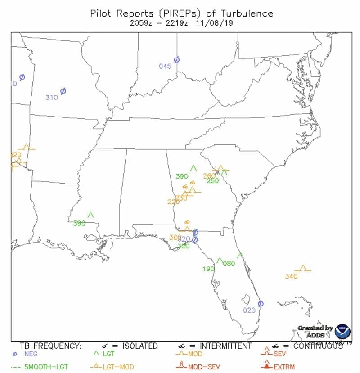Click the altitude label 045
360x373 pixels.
(165, 67)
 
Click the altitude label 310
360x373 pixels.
(52, 98)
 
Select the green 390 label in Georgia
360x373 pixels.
(182, 176)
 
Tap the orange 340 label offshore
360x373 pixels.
(291, 276)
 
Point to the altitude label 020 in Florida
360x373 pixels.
(249, 310)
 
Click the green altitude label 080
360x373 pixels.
(229, 264)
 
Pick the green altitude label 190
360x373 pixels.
(208, 269)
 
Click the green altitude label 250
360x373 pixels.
(212, 181)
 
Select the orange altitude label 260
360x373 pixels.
(209, 175)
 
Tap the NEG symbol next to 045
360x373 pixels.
(177, 60)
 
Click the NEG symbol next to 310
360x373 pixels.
(63, 91)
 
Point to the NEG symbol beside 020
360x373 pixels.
(260, 304)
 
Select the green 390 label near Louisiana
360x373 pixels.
(79, 223)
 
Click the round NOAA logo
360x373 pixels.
(343, 331)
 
